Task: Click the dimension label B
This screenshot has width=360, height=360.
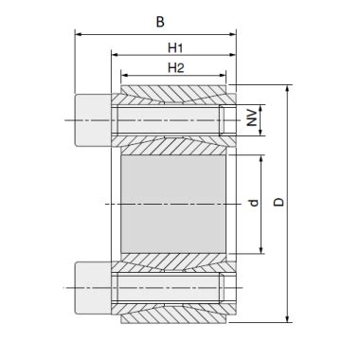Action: [x=160, y=22]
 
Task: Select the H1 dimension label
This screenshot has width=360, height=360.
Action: [x=175, y=48]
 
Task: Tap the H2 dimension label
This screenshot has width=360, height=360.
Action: [x=175, y=68]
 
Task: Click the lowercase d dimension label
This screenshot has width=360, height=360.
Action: [x=253, y=203]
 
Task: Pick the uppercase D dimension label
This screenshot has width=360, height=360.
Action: [x=279, y=202]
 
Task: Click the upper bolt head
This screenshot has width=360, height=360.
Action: [x=93, y=120]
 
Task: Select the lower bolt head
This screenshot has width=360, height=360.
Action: [x=93, y=288]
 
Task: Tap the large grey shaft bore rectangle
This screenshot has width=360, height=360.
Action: [x=173, y=204]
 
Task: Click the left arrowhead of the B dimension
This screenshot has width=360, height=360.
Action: [x=78, y=34]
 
